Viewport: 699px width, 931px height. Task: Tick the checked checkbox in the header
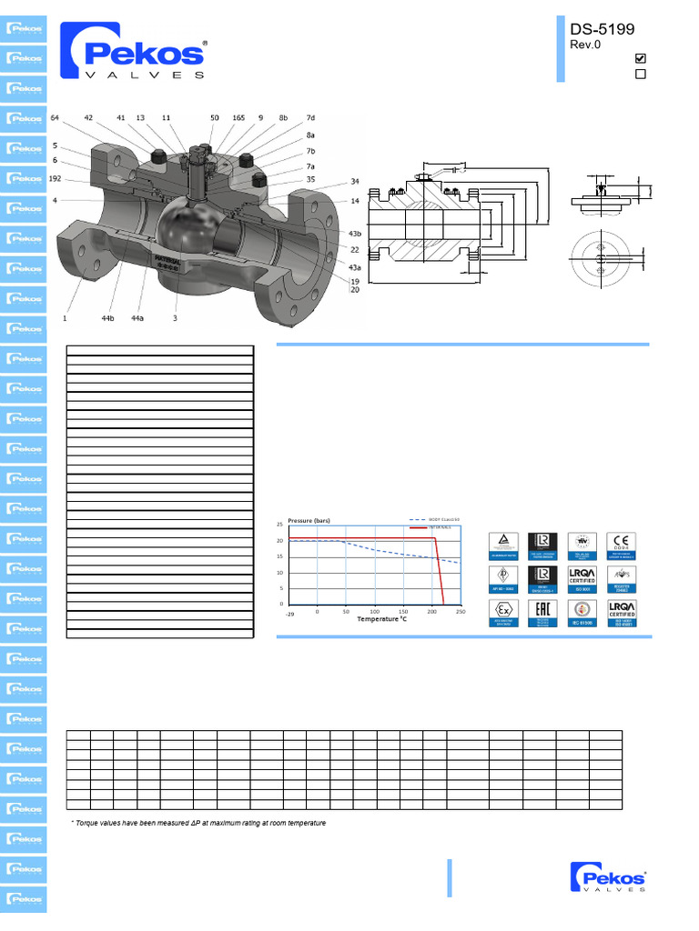tap(640, 58)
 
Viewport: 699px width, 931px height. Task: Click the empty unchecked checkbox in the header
tap(640, 75)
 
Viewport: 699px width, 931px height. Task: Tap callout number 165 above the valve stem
tap(238, 118)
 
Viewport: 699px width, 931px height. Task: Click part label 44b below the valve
tap(107, 319)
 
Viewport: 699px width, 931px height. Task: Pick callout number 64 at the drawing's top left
tap(55, 118)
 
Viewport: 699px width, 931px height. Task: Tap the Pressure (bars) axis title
tap(309, 520)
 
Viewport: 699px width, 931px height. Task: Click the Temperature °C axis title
tap(381, 620)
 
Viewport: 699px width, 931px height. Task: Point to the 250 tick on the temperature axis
tap(460, 612)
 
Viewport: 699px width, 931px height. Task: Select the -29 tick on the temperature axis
tap(289, 614)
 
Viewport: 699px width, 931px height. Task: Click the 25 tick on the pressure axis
tap(280, 526)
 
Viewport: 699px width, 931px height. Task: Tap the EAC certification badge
tap(542, 613)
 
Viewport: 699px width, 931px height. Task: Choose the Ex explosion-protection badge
tap(504, 613)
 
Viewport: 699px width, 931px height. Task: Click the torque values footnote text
tap(198, 823)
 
